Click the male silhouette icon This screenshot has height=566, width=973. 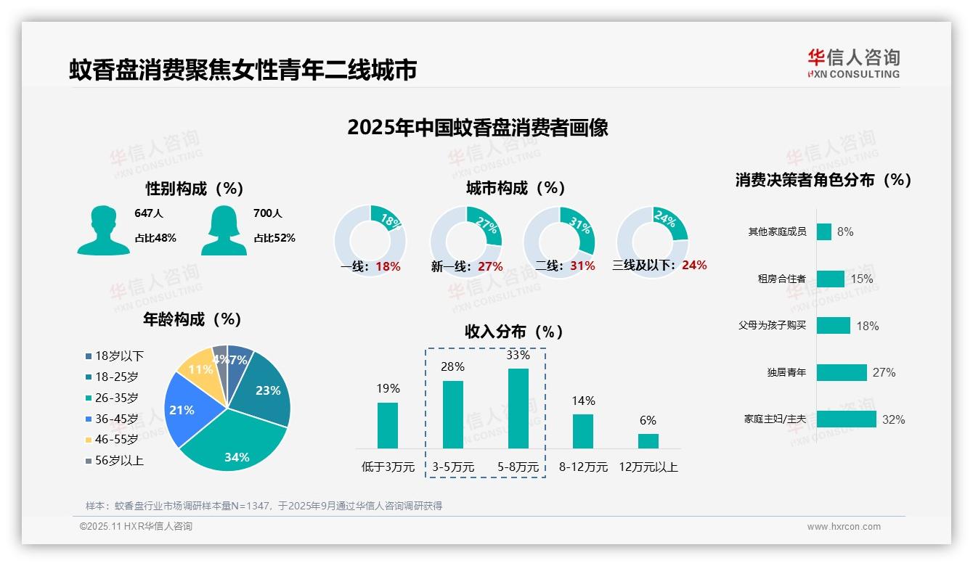(103, 230)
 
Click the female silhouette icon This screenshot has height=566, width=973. (224, 230)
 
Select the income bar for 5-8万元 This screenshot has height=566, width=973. (518, 408)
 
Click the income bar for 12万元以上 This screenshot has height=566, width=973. (648, 440)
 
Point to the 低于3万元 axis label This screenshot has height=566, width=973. (387, 467)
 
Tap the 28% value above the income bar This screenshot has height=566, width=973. (452, 366)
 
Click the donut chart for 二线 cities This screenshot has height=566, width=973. (559, 232)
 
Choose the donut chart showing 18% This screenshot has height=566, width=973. (370, 232)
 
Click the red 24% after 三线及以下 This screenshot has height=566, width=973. (694, 265)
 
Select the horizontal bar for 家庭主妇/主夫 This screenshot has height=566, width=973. (846, 419)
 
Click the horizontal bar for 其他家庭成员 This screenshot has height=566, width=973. (823, 231)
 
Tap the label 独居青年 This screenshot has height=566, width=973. (786, 372)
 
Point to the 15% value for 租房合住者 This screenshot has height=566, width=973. (862, 279)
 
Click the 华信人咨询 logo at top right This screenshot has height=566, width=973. (853, 63)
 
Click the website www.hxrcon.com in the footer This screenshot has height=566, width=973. (844, 527)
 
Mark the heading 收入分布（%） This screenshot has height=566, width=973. (514, 332)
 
